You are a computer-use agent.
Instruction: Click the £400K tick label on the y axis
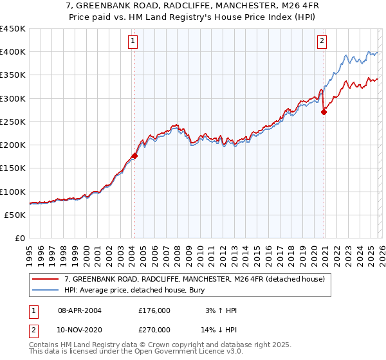point(13,52)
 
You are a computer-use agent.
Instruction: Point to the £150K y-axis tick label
point(13,168)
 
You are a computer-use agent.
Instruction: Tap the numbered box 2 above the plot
point(322,42)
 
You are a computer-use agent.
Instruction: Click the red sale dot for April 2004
point(134,156)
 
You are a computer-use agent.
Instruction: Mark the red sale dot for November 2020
point(324,112)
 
